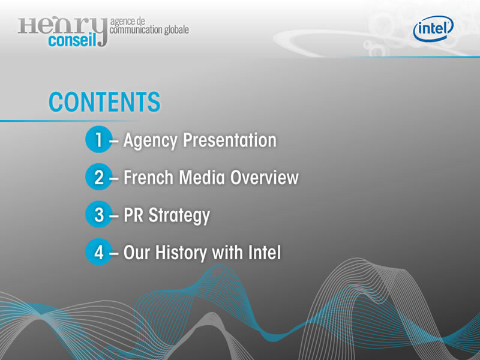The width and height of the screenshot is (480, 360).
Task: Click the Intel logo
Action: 433,28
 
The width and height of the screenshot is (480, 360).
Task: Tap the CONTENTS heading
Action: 104,102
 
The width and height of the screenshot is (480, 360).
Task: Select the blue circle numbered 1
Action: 98,139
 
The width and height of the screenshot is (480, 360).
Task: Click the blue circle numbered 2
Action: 98,177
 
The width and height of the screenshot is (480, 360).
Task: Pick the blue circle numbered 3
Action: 98,214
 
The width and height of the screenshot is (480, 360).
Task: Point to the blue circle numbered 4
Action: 98,251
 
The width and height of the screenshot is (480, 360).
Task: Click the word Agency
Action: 151,141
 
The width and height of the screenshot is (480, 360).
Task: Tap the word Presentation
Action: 230,140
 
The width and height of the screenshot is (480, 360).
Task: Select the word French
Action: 148,178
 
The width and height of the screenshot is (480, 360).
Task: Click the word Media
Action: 202,178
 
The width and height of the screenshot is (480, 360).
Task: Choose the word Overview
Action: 264,178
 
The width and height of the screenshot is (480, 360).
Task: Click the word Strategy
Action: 179,216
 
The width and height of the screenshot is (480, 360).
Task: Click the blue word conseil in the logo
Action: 72,40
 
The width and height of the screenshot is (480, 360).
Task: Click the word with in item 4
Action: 227,253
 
